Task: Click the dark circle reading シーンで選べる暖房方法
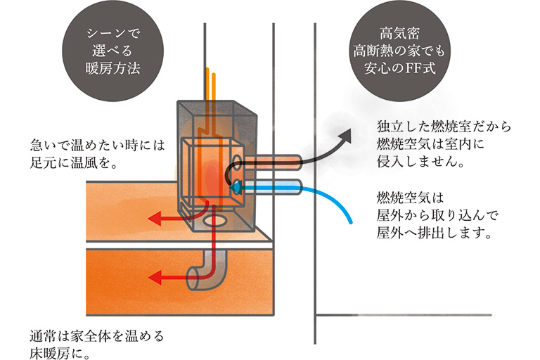tap(113, 51)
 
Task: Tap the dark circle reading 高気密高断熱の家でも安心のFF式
tap(400, 51)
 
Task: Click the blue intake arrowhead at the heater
tap(235, 188)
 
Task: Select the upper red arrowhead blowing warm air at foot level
tap(155, 219)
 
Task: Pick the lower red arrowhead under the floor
tap(155, 277)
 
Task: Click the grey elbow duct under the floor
tap(207, 271)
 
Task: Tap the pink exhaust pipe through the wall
tap(272, 162)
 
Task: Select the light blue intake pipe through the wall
tap(272, 187)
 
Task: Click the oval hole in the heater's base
tap(216, 221)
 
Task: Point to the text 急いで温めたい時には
tap(98, 145)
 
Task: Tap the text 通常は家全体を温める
tap(97, 335)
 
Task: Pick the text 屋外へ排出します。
tap(434, 233)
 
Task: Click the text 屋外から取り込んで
tap(437, 215)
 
